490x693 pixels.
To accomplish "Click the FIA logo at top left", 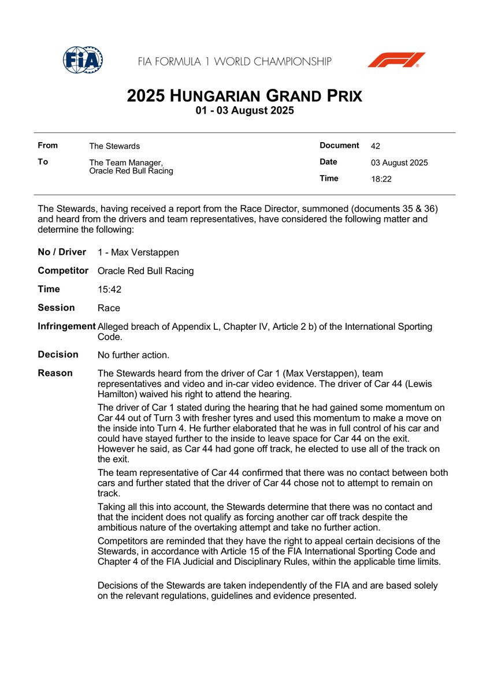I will click(83, 59).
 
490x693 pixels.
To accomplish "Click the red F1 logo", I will click(396, 60).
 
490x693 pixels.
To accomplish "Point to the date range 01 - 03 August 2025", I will click(245, 111).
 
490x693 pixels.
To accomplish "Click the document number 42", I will click(376, 146).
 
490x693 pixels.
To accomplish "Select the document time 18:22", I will click(381, 179).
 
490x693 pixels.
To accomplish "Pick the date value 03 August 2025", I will click(399, 163).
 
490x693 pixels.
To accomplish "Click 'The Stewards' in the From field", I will click(114, 146).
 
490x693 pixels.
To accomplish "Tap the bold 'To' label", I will click(43, 162).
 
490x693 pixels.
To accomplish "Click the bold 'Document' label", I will click(339, 146).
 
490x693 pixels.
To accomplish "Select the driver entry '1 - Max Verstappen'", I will click(138, 252).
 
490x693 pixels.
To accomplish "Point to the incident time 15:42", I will click(110, 289).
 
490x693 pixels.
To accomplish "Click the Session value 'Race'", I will click(109, 308).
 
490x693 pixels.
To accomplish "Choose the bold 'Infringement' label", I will click(66, 326).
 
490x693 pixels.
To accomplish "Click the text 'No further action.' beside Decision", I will click(133, 355).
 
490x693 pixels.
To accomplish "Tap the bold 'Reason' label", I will click(55, 373).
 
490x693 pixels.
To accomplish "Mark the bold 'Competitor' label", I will click(63, 270).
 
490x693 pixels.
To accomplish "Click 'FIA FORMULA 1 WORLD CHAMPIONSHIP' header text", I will click(235, 61).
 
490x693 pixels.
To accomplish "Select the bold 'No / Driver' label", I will click(62, 252).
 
